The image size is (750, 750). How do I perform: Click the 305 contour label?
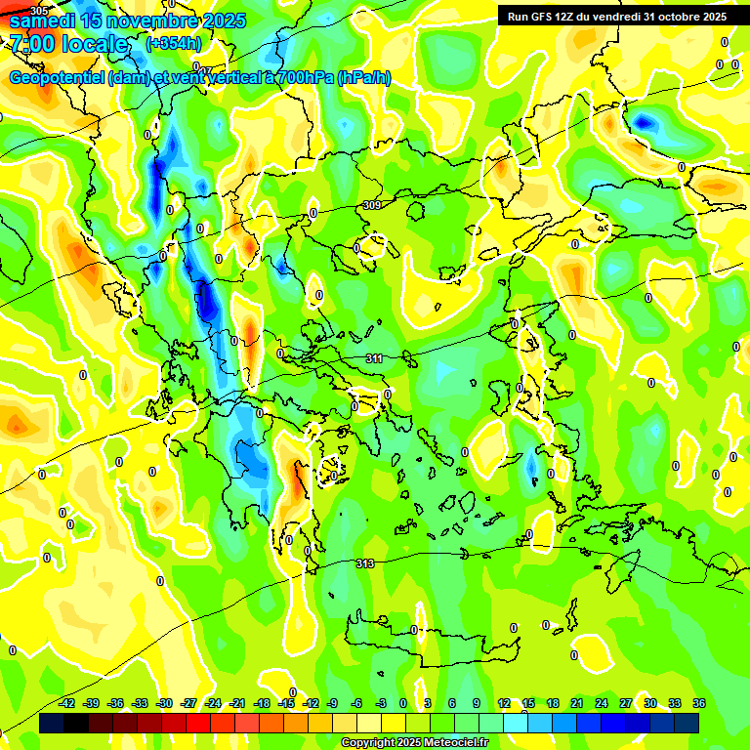click(x=37, y=10)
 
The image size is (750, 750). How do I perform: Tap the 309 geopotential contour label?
click(x=371, y=205)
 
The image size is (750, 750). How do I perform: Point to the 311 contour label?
click(x=374, y=358)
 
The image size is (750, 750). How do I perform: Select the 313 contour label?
click(x=364, y=563)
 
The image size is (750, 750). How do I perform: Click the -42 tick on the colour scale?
click(x=67, y=703)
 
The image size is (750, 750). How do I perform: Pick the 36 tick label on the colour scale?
click(x=699, y=703)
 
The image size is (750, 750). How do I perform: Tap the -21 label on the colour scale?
click(x=237, y=703)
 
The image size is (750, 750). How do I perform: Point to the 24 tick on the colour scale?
click(x=602, y=703)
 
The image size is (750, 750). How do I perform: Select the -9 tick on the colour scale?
click(x=333, y=703)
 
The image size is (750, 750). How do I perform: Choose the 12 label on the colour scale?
click(x=504, y=703)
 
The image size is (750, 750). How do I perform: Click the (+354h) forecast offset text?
click(x=173, y=44)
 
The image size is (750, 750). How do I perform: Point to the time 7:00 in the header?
click(x=31, y=44)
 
